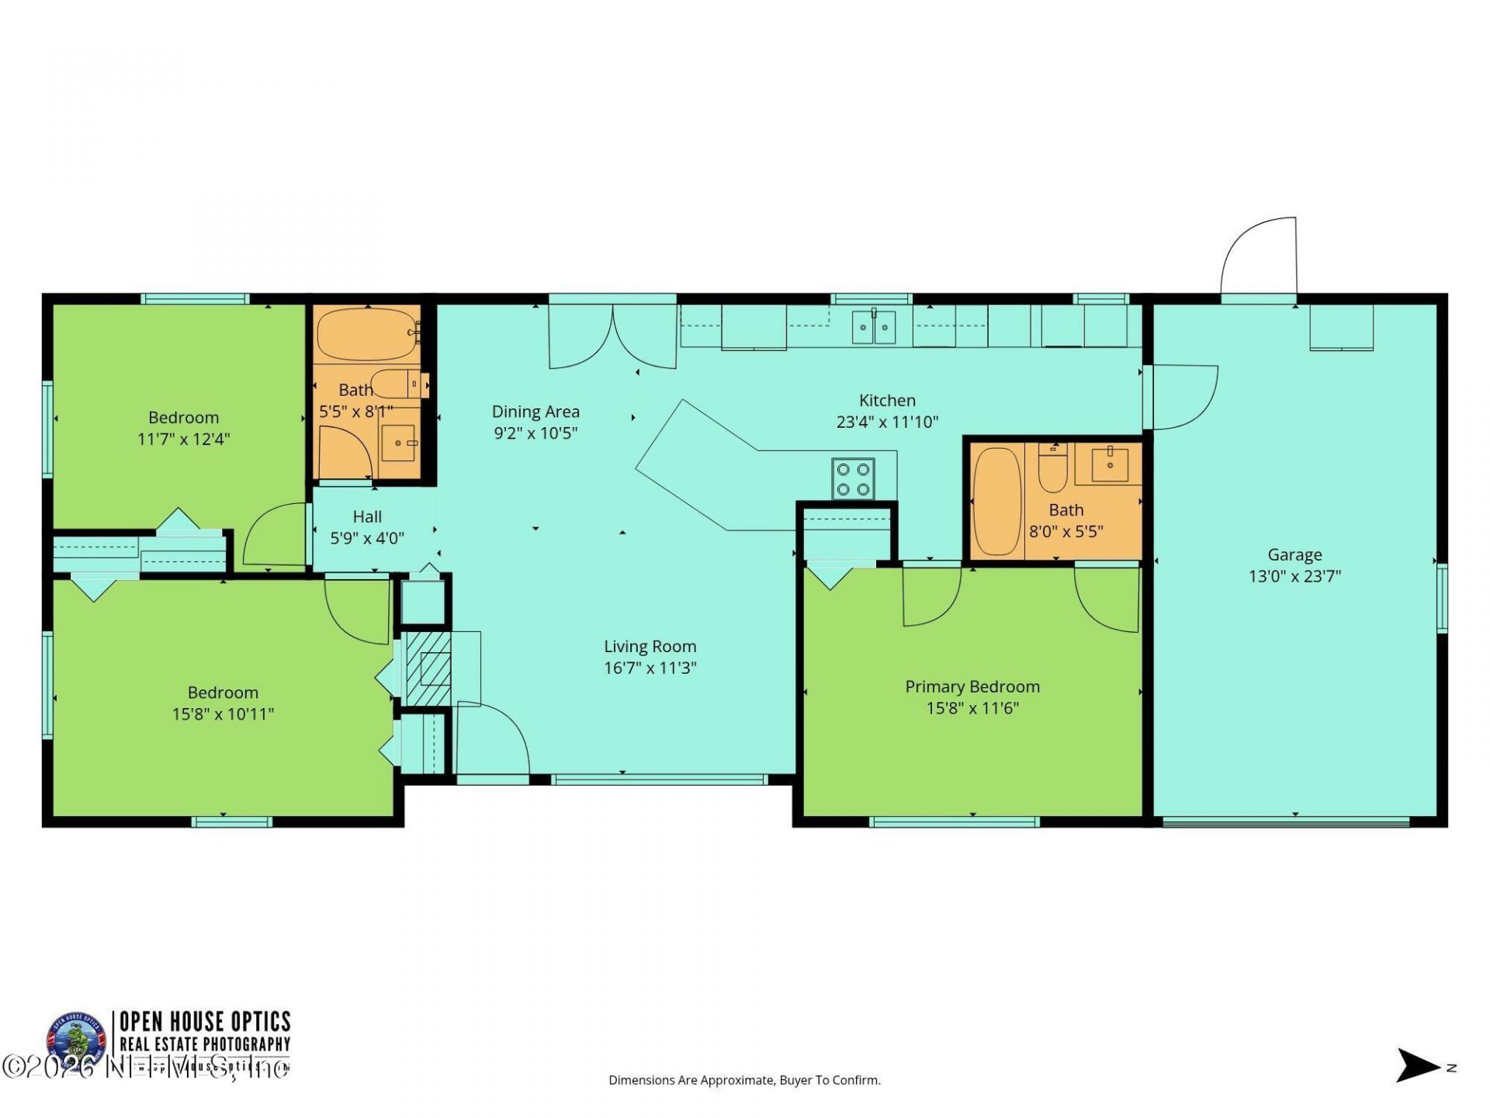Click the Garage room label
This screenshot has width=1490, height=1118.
(1294, 554)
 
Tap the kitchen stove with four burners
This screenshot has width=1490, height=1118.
(853, 479)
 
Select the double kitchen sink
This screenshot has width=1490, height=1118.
(874, 327)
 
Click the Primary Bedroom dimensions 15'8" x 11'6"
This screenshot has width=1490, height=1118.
(972, 708)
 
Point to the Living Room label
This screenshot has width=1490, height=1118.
(650, 646)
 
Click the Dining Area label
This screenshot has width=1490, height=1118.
(535, 411)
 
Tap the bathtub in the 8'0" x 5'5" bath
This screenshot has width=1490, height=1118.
(997, 502)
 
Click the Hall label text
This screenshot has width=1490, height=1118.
(367, 516)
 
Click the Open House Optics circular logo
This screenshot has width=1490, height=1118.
(75, 1040)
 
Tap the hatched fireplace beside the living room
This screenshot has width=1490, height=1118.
(428, 668)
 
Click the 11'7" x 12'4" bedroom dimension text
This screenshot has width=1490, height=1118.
(184, 439)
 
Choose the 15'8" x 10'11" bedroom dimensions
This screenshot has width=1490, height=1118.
(223, 714)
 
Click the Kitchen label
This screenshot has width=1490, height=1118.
(887, 401)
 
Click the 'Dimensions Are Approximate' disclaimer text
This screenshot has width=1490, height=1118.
(744, 1080)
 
